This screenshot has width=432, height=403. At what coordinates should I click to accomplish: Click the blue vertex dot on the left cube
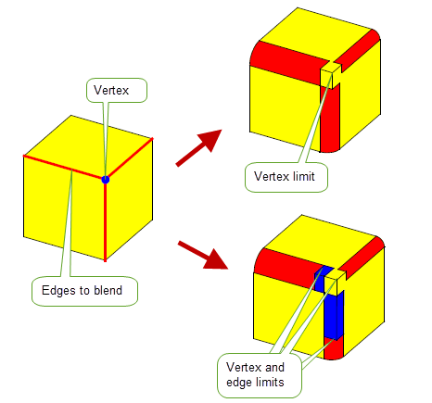pos(106,180)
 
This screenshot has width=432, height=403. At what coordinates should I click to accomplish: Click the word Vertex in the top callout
pos(111,90)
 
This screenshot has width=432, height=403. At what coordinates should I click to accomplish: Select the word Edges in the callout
pos(59,291)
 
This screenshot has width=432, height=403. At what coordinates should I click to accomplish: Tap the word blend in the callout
pos(108,290)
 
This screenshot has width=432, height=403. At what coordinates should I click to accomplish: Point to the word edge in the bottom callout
pos(240,383)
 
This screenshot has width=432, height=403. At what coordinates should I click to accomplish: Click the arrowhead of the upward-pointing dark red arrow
pos(211,140)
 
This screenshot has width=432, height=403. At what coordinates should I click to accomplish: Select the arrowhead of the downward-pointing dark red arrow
pos(216,258)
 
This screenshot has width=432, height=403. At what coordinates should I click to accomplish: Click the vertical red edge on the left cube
pos(105,220)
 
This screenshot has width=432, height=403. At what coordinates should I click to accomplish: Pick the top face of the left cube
pos(87,146)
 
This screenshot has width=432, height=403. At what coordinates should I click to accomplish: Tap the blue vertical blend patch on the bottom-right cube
pos(335,314)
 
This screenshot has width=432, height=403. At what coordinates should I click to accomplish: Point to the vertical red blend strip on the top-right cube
pos(330,119)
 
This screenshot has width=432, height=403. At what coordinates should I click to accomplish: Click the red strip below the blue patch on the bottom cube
pos(334,348)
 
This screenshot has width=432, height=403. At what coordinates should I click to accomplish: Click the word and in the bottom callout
pos(274,367)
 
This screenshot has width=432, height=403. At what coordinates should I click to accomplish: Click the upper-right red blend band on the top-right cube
pos(359,49)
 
